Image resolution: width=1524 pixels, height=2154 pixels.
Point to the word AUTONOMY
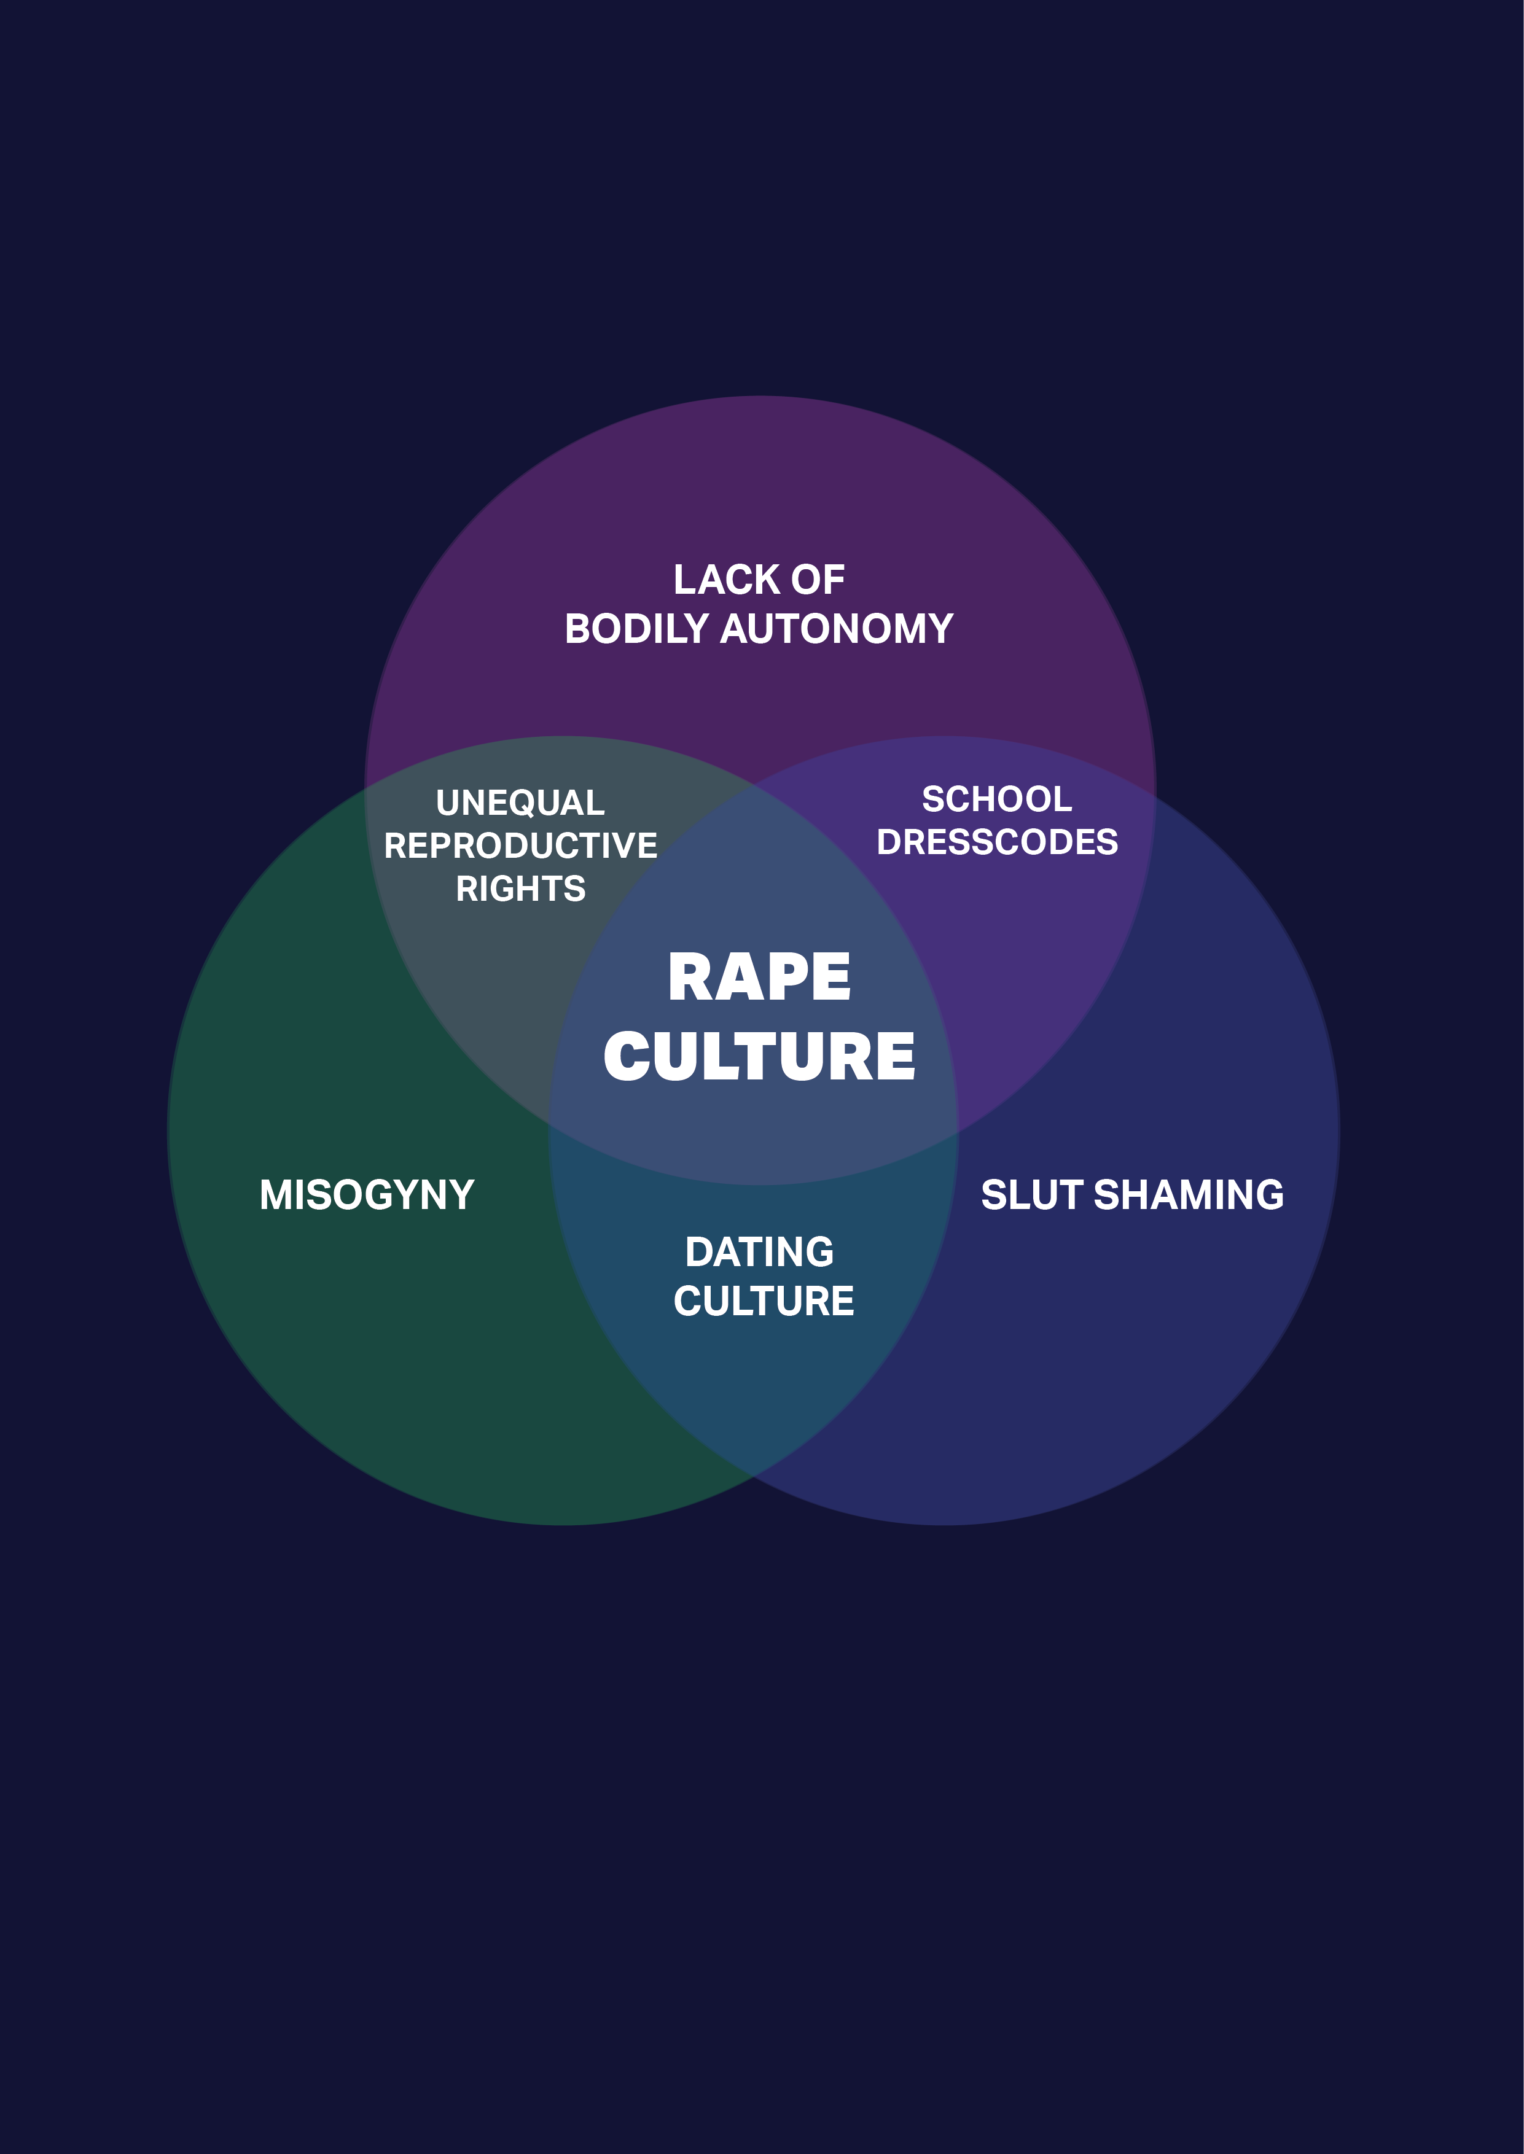837,629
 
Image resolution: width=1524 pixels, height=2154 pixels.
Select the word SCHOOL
996,799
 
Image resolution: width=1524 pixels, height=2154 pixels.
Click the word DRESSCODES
996,842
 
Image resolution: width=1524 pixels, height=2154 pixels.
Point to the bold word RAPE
759,977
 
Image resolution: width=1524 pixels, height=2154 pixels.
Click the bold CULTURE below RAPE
759,1056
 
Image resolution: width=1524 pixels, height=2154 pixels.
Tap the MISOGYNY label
367,1196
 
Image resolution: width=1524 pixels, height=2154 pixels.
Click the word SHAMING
1189,1196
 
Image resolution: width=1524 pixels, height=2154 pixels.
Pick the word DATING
759,1253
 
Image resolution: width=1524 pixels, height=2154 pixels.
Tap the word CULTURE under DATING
764,1301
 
